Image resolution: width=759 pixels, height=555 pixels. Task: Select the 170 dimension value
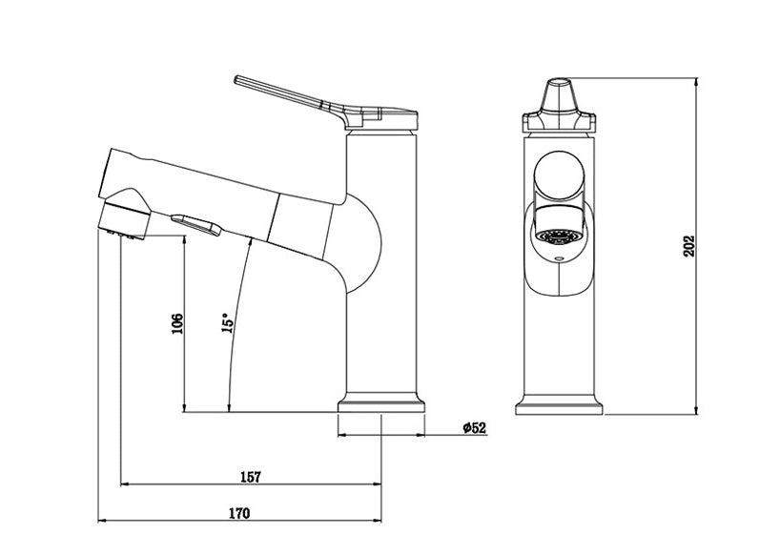click(x=239, y=513)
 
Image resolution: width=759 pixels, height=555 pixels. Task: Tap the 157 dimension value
click(x=251, y=476)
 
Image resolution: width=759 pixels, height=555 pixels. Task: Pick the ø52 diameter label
click(x=474, y=428)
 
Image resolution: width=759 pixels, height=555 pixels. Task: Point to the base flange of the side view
click(x=381, y=405)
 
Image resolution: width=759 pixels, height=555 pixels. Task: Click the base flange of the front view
click(x=559, y=405)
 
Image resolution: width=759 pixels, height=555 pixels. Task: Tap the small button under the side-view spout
click(x=195, y=222)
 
